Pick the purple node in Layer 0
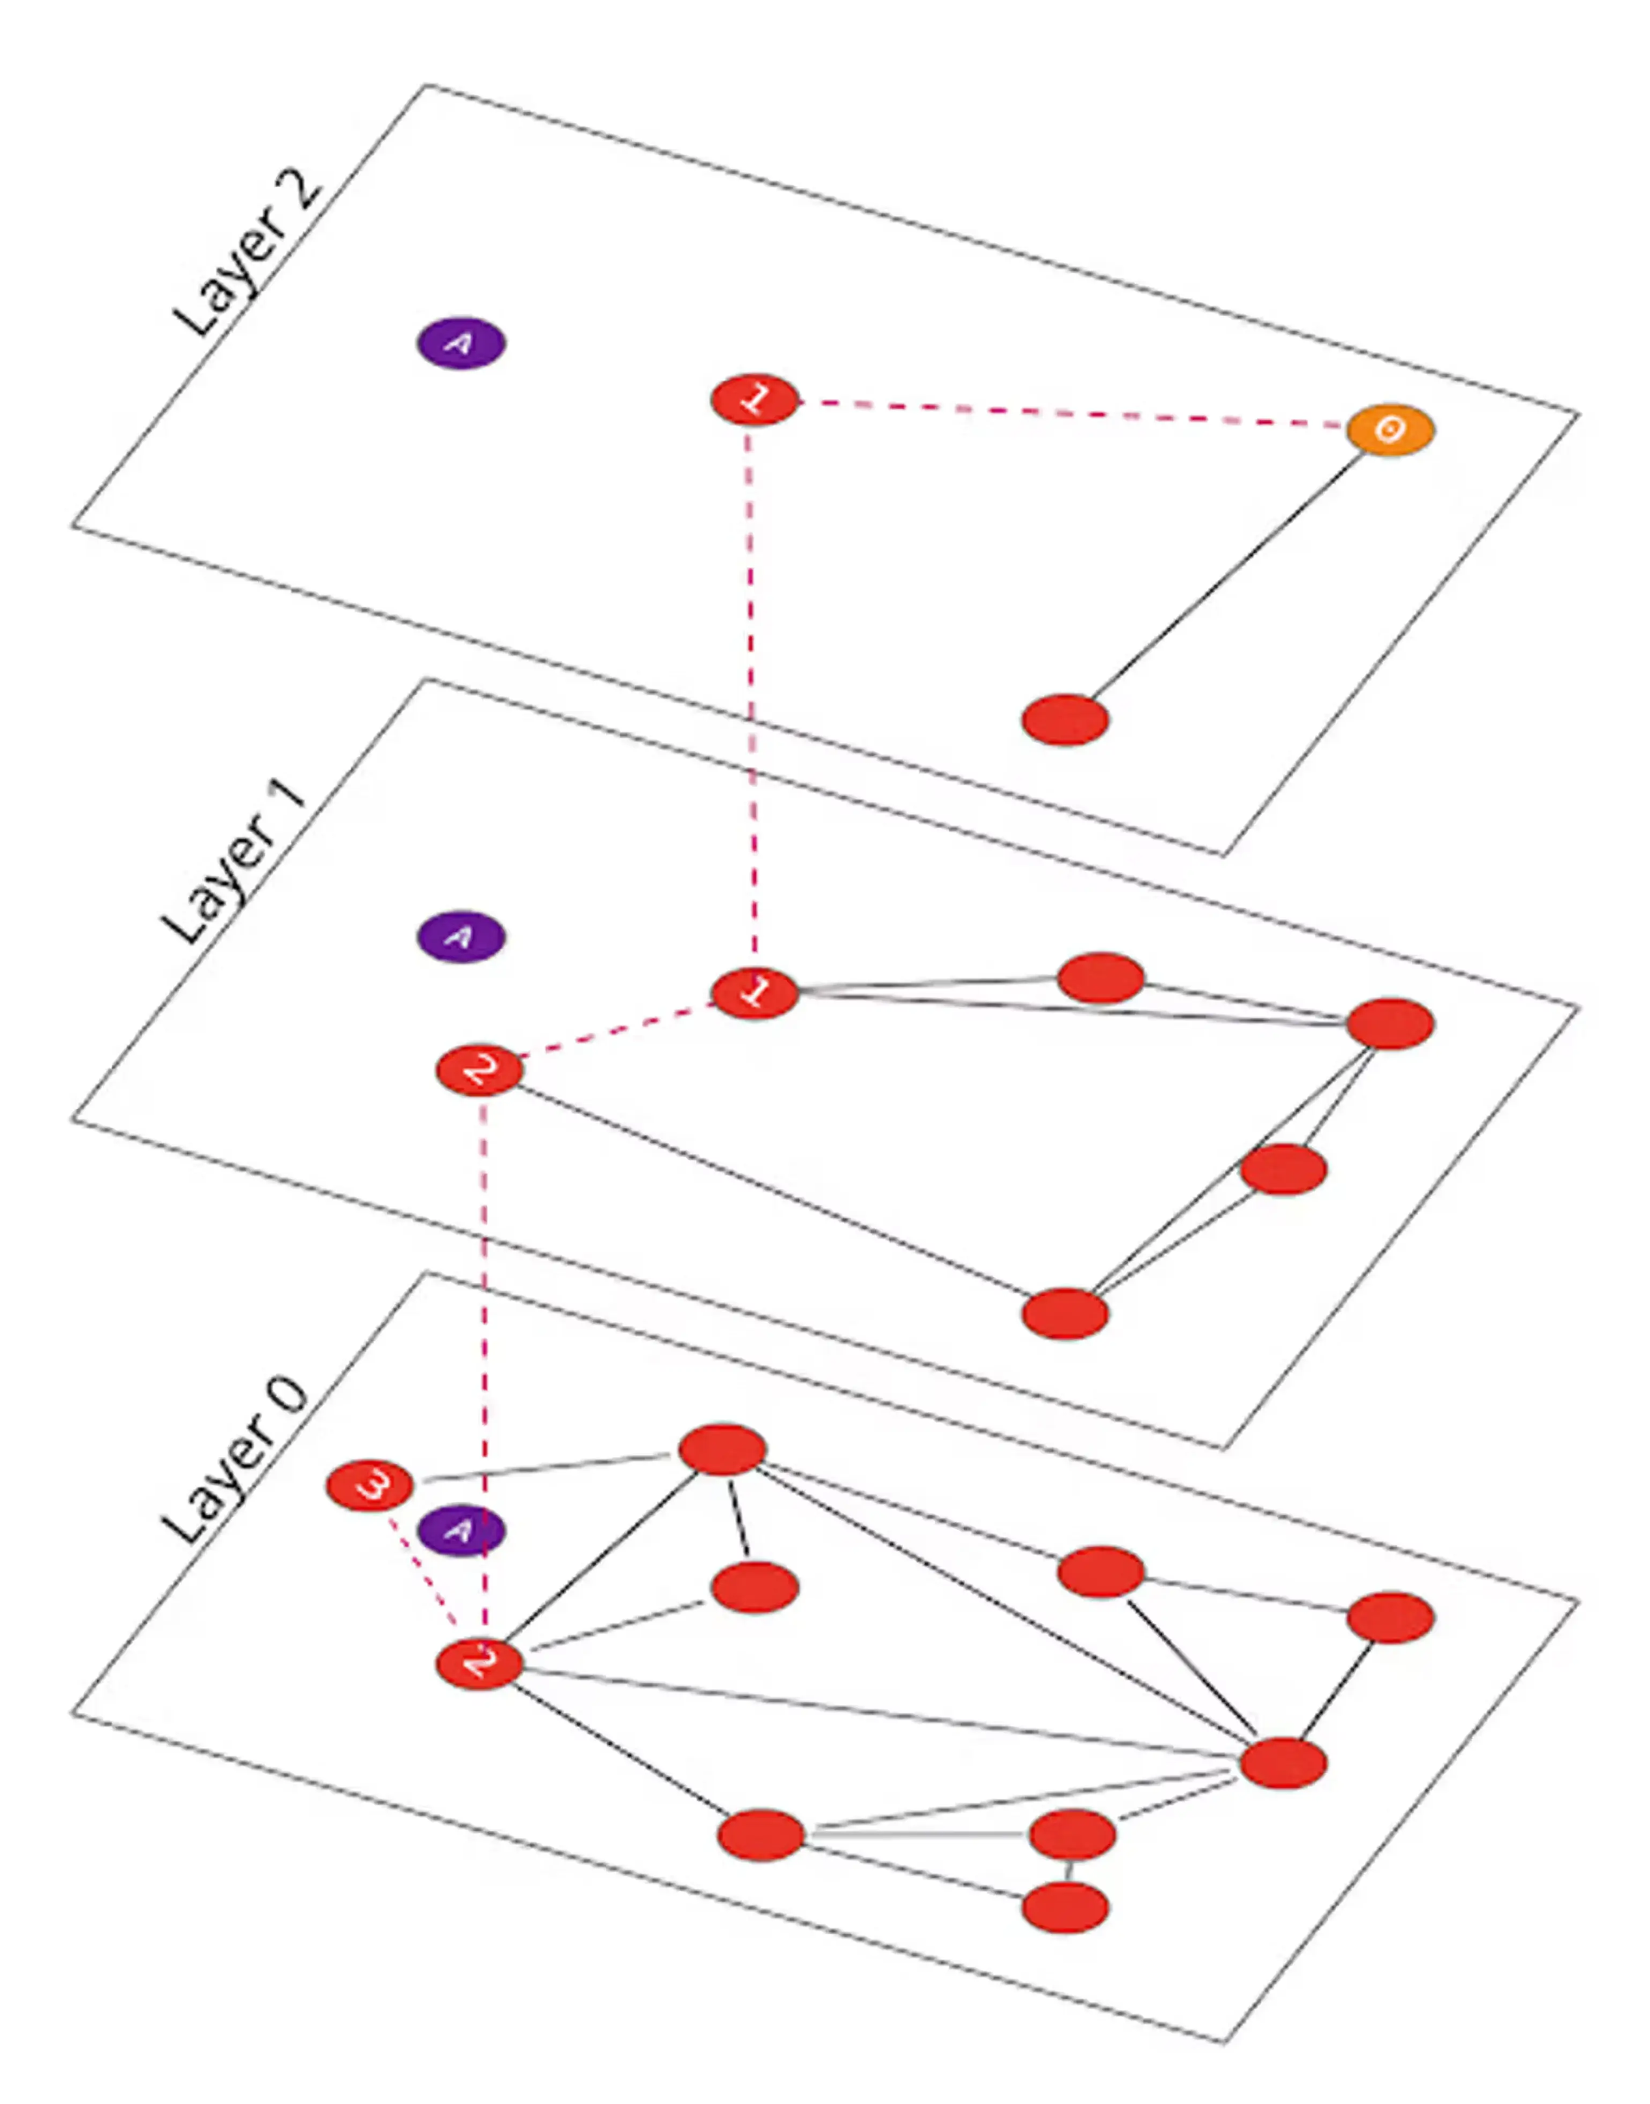click(x=461, y=1530)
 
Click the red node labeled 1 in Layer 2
click(x=755, y=399)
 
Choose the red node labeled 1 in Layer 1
click(x=755, y=992)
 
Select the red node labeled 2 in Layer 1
click(x=479, y=1070)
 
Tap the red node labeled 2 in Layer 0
click(x=479, y=1664)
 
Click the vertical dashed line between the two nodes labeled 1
click(x=751, y=696)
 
